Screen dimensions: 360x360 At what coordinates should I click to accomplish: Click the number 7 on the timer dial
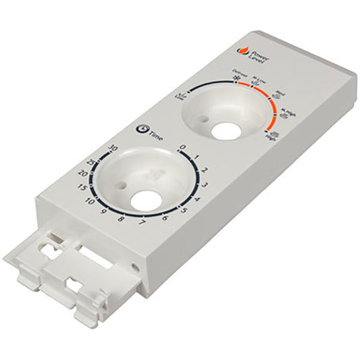pyautogui.click(x=141, y=223)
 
